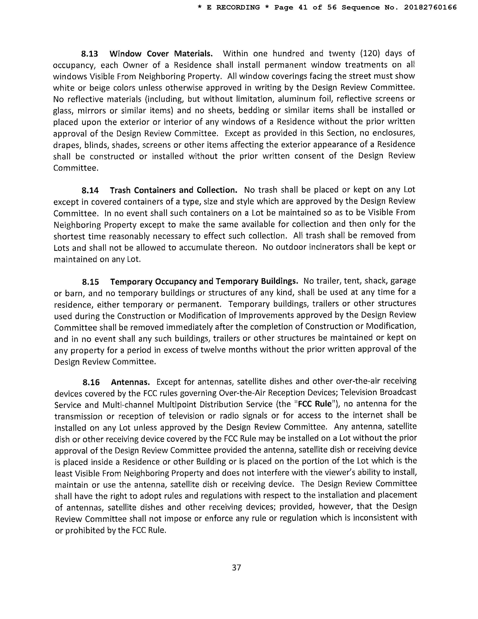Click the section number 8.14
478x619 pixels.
coord(90,190)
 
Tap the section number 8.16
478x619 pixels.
coord(91,383)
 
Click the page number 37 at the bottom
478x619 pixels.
coord(236,573)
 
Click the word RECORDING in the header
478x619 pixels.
coord(238,7)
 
